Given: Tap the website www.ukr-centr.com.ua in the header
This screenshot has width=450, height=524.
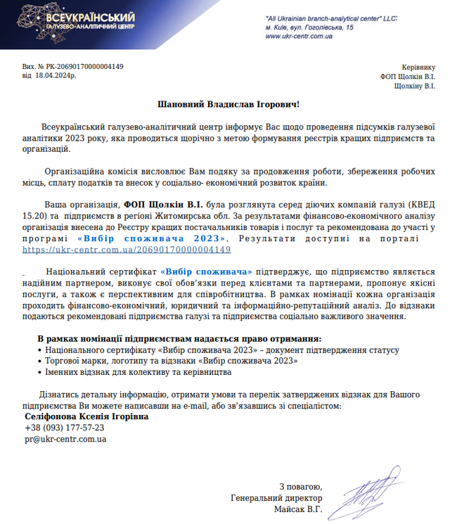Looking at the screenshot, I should (x=299, y=35).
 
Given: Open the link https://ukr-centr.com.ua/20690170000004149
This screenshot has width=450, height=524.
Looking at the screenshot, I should (x=127, y=250).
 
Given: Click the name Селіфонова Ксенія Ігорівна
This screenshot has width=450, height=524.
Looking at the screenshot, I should (x=87, y=416).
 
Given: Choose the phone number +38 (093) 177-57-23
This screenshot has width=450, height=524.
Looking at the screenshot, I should (x=65, y=428).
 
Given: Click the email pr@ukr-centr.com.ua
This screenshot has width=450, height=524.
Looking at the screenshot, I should (x=65, y=439).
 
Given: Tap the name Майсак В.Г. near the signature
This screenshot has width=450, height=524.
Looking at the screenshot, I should (x=299, y=509).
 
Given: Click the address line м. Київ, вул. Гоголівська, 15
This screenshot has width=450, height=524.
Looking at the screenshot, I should (x=309, y=26).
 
